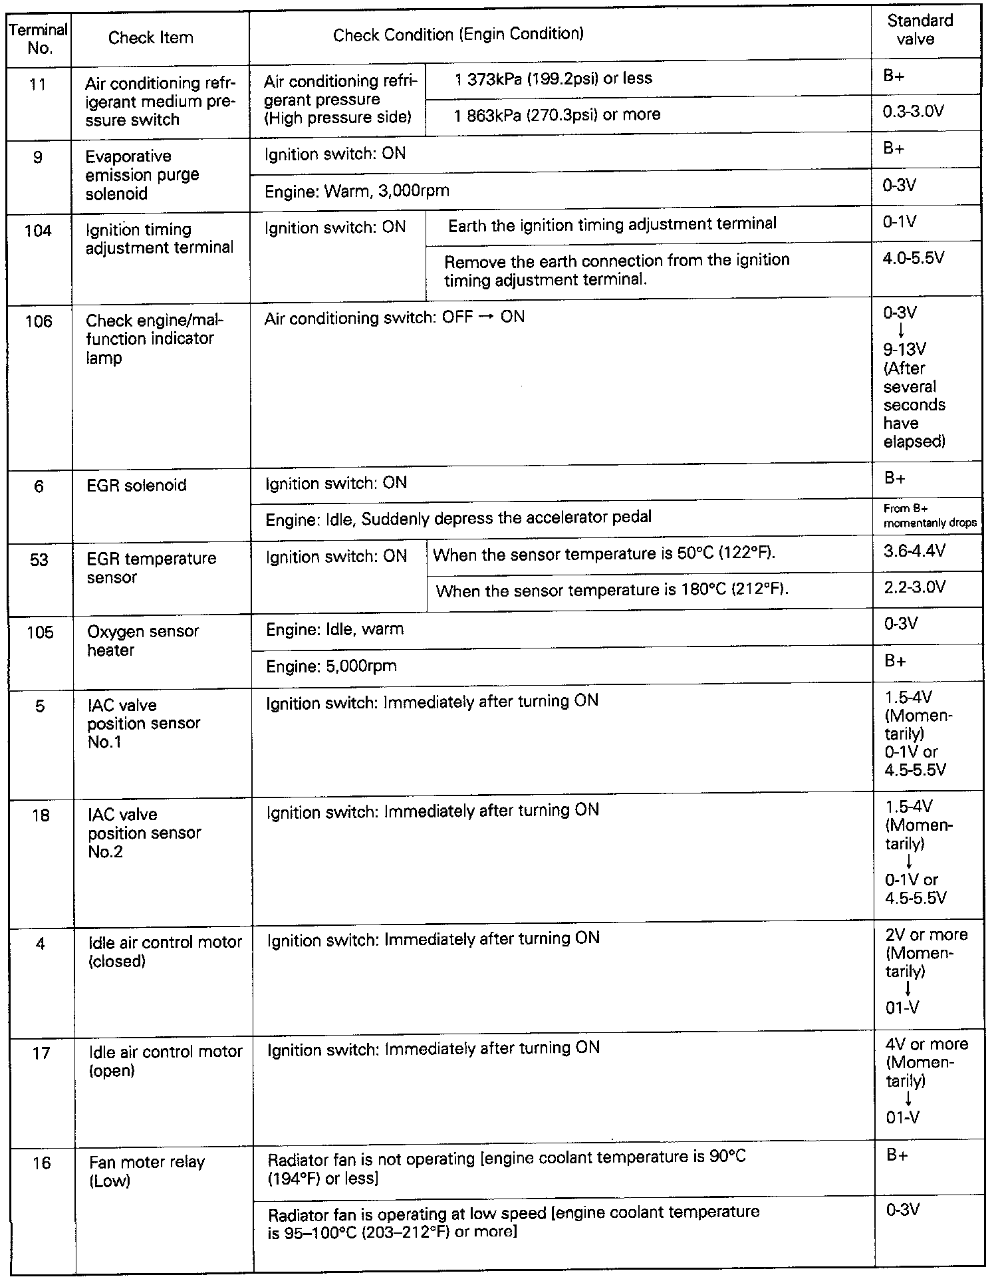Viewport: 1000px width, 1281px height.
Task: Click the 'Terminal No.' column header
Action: (39, 39)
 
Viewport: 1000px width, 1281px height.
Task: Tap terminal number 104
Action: (38, 231)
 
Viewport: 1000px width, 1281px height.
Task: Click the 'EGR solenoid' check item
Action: (136, 486)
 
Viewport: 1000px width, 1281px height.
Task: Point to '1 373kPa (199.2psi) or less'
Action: (553, 78)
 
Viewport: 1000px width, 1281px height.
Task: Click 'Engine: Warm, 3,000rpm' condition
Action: (357, 192)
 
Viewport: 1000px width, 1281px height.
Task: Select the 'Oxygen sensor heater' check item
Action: (142, 640)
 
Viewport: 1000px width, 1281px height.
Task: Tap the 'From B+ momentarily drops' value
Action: (929, 515)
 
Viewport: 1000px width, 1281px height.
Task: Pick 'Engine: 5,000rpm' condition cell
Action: (331, 666)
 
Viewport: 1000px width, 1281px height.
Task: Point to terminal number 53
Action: (39, 559)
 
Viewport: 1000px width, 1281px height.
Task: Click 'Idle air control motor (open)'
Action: (165, 1061)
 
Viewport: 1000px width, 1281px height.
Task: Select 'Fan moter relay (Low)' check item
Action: (147, 1171)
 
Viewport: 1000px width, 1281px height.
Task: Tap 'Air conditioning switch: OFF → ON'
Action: (394, 318)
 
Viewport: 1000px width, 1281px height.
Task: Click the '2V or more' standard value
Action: (926, 934)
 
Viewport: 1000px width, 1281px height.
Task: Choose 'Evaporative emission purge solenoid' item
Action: (142, 175)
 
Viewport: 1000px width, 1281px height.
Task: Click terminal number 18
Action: (41, 815)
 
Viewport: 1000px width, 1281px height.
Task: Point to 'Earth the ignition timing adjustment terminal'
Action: (612, 224)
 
